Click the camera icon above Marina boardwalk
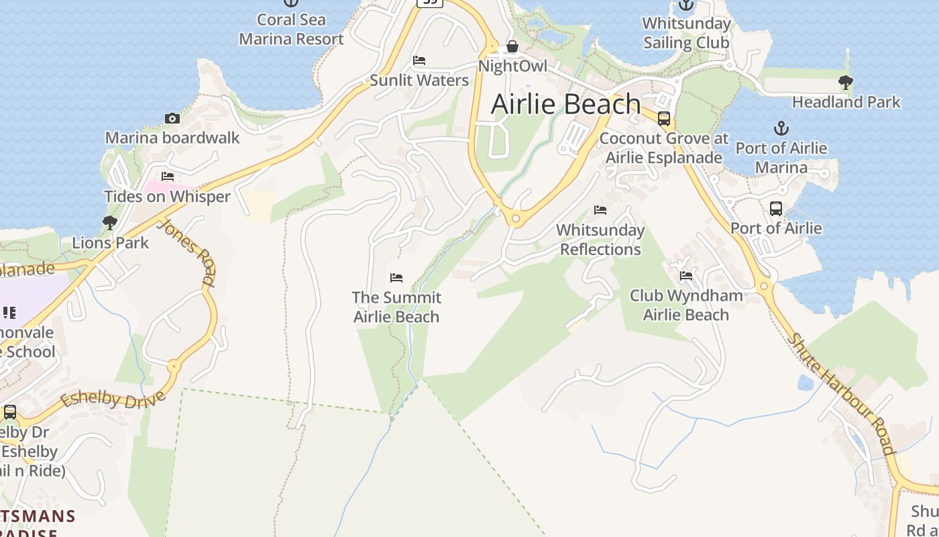(172, 119)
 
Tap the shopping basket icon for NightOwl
(512, 46)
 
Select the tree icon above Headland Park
(846, 83)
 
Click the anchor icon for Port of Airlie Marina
(781, 128)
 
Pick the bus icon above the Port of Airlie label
(776, 209)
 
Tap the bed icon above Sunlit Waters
(419, 60)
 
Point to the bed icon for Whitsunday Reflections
(600, 210)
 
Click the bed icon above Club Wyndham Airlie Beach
(685, 276)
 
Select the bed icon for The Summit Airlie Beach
(396, 278)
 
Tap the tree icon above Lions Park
(110, 223)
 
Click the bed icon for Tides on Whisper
(168, 177)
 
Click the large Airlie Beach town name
(566, 104)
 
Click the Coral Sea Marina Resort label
(291, 30)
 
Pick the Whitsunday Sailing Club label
(686, 33)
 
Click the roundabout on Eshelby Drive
(174, 367)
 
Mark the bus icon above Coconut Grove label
(664, 119)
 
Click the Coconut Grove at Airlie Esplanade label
(664, 148)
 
